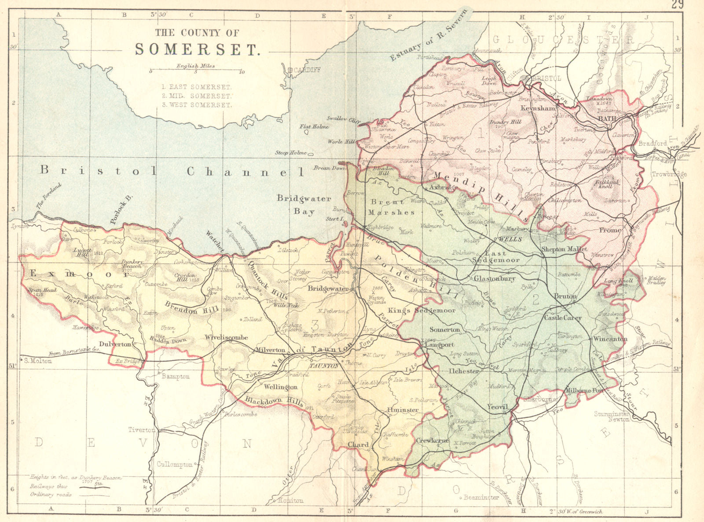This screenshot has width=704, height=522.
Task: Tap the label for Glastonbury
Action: [x=494, y=278]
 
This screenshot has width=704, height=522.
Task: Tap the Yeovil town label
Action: [x=498, y=407]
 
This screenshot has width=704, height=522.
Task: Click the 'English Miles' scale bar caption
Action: [x=195, y=66]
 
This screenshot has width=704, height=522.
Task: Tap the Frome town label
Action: [x=610, y=230]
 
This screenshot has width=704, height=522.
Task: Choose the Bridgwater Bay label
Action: [x=304, y=205]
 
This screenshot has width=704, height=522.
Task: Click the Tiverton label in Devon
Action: [x=142, y=429]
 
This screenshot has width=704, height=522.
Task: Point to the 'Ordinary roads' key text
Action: [x=51, y=494]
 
